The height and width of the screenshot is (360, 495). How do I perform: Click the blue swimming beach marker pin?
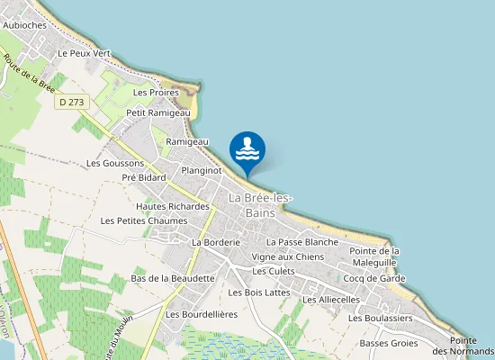247,150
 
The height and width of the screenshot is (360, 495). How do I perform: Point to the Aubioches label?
25,25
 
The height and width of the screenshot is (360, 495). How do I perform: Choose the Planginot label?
201,169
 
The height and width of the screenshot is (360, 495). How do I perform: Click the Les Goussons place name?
114,163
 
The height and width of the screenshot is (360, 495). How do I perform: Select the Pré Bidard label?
144,177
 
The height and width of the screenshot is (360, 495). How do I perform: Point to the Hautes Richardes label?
173,206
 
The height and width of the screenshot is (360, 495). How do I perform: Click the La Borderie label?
215,242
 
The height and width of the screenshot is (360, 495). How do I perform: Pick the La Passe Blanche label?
302,242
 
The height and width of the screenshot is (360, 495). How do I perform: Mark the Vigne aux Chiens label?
287,256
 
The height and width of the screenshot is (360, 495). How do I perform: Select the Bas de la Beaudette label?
173,278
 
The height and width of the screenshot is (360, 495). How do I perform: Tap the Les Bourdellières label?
202,314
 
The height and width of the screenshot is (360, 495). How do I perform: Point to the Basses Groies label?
389,343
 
